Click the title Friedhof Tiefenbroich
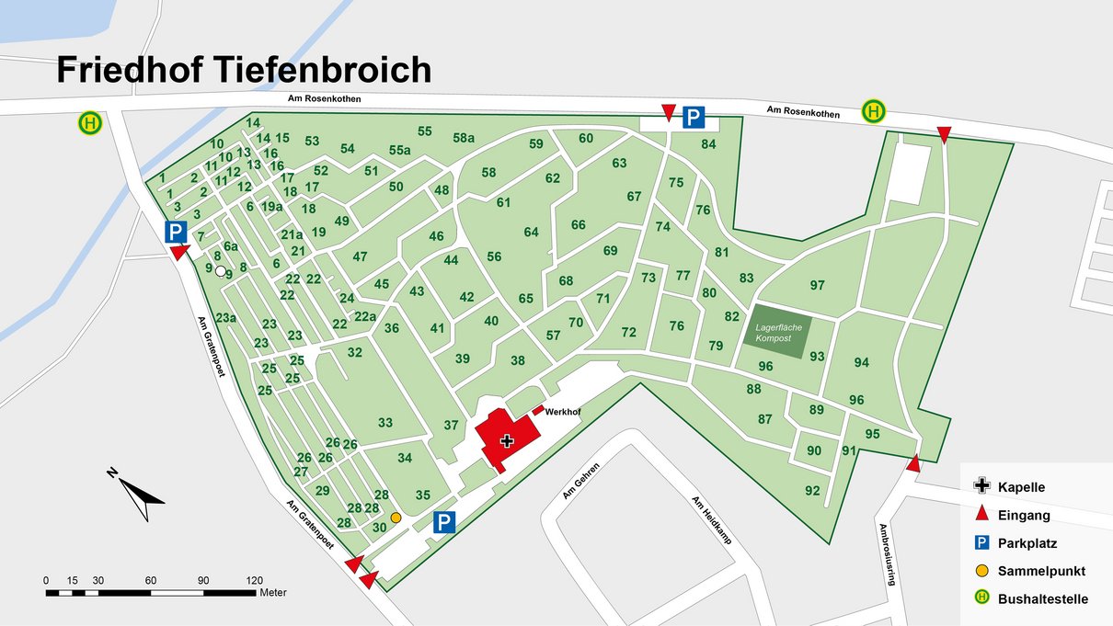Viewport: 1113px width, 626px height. coord(244,70)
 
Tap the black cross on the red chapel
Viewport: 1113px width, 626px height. coord(506,441)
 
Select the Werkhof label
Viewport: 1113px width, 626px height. coord(561,412)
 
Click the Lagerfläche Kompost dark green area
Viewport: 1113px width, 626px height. coord(774,333)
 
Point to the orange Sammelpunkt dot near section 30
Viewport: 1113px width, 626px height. coord(396,518)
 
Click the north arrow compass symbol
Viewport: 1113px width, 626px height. coord(137,495)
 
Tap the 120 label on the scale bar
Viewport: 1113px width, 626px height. coord(255,581)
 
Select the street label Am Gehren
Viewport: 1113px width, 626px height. coord(581,481)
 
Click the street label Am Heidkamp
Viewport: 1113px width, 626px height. coord(711,520)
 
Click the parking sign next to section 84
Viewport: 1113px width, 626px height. coord(694,118)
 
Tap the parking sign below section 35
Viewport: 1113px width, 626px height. coord(444,523)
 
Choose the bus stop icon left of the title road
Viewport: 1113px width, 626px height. coord(89,122)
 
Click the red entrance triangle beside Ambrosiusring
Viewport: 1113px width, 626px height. coord(912,463)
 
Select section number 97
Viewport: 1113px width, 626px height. coord(818,285)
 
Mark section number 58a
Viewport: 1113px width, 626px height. coord(464,138)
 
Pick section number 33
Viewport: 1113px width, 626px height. coord(385,423)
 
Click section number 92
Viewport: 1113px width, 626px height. coord(812,491)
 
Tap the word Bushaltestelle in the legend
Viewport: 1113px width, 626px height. coord(1043,599)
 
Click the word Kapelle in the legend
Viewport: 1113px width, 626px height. coord(1021,487)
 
